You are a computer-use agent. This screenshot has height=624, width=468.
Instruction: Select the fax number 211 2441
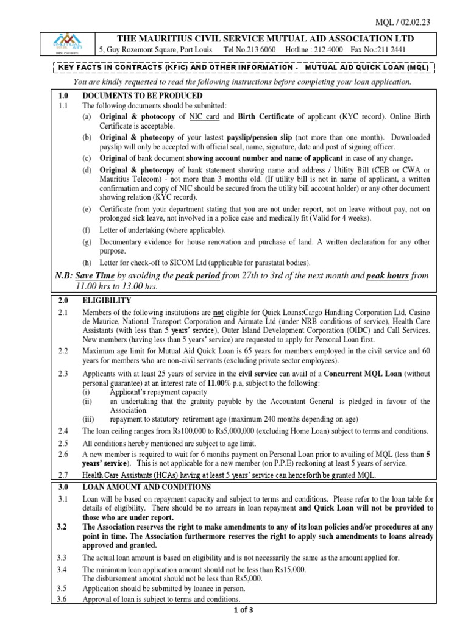(x=409, y=50)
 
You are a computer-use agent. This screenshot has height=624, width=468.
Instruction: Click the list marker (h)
(x=87, y=263)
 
